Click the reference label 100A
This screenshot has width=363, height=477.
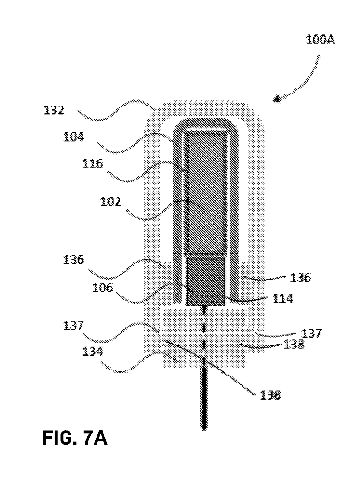[x=320, y=40]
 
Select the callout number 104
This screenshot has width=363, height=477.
[x=74, y=137]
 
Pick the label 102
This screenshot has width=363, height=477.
[x=111, y=202]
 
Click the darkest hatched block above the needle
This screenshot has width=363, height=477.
[x=206, y=281]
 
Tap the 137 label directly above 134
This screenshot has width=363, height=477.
[x=74, y=325]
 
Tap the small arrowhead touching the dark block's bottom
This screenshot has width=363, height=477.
[x=204, y=309]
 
